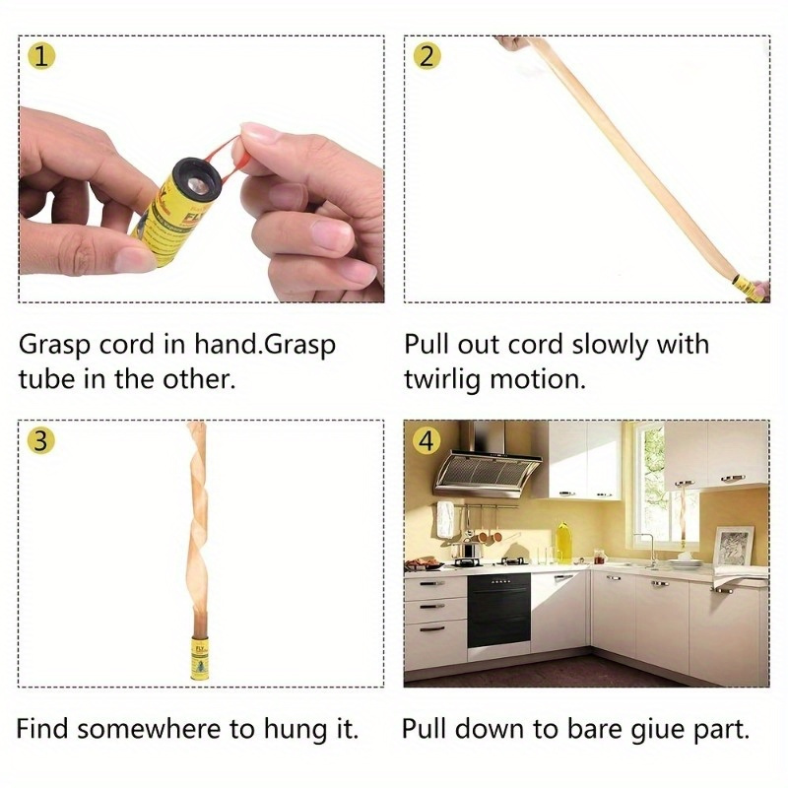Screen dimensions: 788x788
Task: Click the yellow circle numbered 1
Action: (39, 56)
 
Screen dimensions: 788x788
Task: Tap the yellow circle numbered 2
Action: (426, 56)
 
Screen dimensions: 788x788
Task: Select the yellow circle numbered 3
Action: (39, 440)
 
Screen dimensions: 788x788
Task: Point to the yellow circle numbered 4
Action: (426, 440)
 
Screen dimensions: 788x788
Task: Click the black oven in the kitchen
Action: (497, 611)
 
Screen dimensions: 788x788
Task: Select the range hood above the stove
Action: (488, 463)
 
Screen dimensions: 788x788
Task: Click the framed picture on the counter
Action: (733, 546)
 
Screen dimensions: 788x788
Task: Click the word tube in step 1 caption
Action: (46, 379)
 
